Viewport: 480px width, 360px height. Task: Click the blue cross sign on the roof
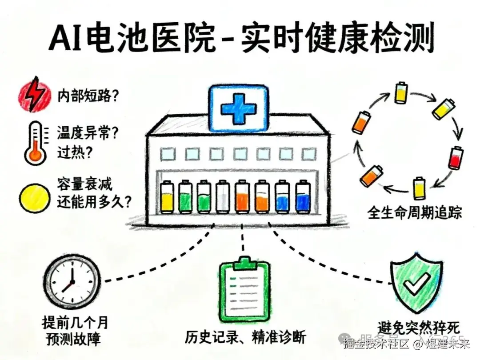click(x=239, y=108)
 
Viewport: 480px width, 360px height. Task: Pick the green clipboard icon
click(x=245, y=289)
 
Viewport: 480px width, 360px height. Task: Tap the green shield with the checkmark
click(x=416, y=281)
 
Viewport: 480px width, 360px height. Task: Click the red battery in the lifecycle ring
click(x=454, y=158)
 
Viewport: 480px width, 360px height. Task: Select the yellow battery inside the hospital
click(x=167, y=196)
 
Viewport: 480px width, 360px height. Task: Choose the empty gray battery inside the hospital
click(x=222, y=196)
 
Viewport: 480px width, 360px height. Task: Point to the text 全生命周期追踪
click(x=415, y=213)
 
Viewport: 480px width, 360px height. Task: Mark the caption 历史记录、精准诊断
click(x=245, y=336)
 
